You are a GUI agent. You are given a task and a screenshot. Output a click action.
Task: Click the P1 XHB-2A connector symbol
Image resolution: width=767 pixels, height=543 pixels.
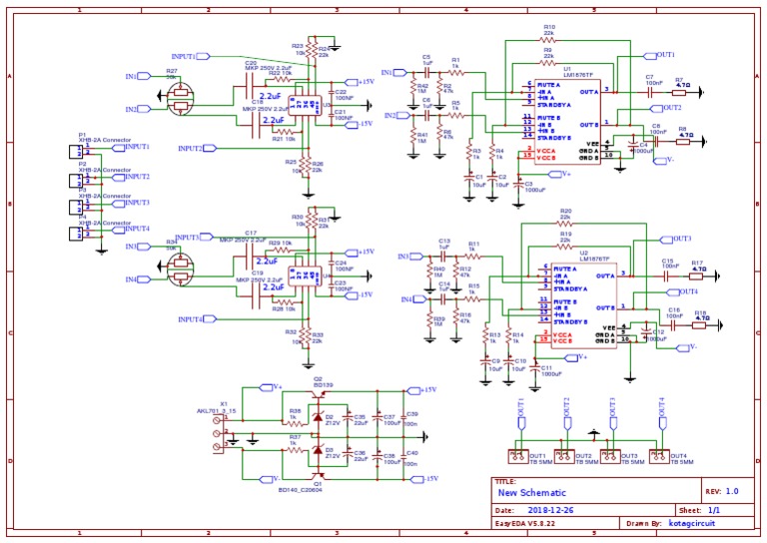click(x=73, y=151)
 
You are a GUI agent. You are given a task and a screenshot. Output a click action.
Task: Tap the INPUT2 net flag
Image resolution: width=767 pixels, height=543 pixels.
click(x=190, y=148)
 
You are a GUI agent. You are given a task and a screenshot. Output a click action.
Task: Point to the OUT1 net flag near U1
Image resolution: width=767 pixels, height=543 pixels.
click(x=664, y=54)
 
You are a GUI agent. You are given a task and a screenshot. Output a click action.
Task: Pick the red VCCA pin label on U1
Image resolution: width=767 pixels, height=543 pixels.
click(x=547, y=150)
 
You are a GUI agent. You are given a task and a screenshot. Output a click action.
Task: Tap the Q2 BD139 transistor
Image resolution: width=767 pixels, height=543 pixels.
click(x=318, y=390)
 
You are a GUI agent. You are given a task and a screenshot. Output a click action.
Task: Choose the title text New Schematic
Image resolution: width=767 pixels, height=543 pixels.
click(x=531, y=493)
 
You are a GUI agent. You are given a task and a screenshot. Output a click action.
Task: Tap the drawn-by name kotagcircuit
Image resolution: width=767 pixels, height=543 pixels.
click(x=695, y=522)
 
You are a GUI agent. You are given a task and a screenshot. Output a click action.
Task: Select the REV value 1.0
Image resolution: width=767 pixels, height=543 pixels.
click(x=731, y=491)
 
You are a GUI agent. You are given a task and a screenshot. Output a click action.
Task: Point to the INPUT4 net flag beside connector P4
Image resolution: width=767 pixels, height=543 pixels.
click(x=136, y=229)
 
